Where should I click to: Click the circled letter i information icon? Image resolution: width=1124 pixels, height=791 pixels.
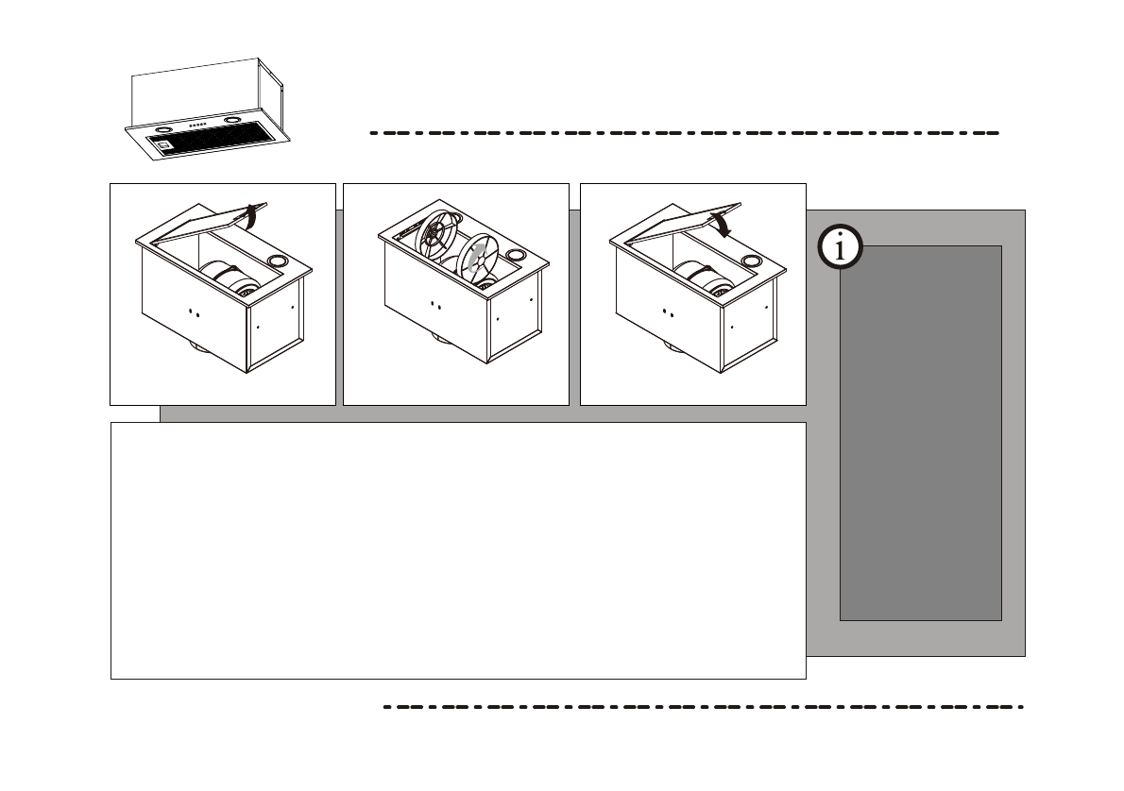tap(841, 248)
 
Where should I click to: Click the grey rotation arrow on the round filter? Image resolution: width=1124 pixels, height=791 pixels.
tap(479, 257)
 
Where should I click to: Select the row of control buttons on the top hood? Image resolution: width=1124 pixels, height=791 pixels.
tap(197, 126)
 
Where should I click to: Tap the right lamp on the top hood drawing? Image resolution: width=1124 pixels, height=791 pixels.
tap(233, 123)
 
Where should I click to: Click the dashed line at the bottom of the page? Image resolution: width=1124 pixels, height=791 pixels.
tap(704, 706)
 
